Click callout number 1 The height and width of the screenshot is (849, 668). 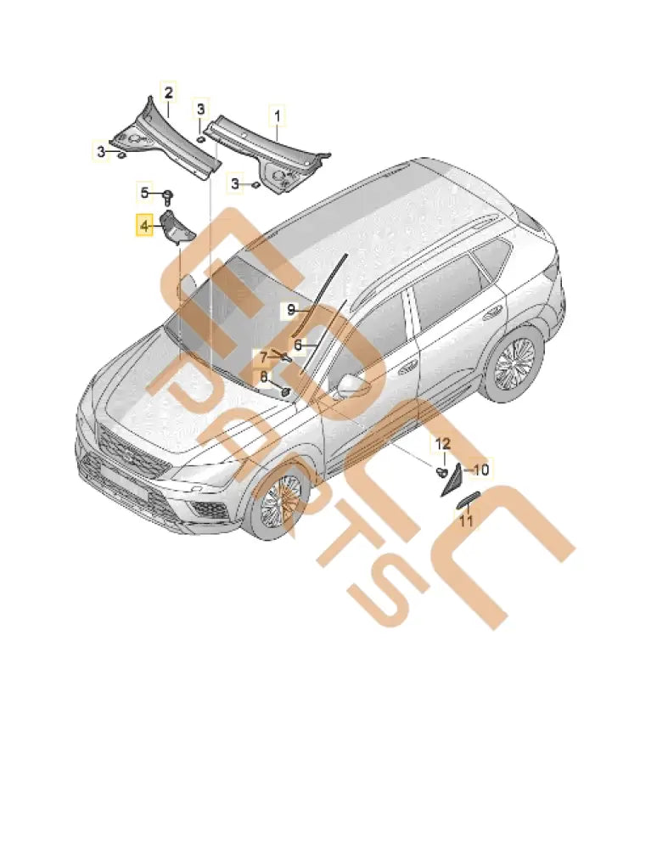pyautogui.click(x=276, y=112)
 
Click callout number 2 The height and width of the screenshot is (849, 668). pyautogui.click(x=168, y=92)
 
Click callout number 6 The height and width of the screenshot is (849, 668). pyautogui.click(x=298, y=345)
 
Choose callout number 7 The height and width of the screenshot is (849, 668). pyautogui.click(x=263, y=356)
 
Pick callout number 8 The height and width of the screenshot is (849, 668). pyautogui.click(x=263, y=376)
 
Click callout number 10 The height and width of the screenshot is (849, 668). pyautogui.click(x=480, y=469)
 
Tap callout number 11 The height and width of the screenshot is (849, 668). pyautogui.click(x=466, y=520)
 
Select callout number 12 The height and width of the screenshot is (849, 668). pyautogui.click(x=443, y=443)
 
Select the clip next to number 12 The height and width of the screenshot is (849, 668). pyautogui.click(x=441, y=469)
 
